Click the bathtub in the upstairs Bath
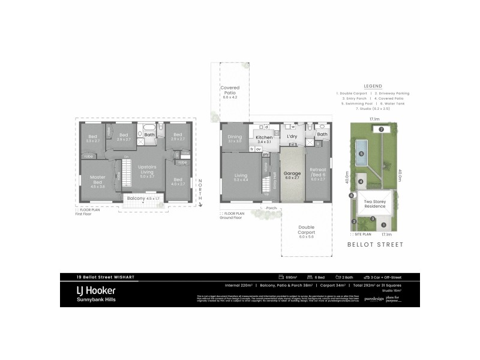[148, 128]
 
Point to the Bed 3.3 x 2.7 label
[93, 138]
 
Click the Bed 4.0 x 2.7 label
[178, 182]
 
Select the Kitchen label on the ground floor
[265, 139]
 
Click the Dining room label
[235, 139]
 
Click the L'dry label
[292, 137]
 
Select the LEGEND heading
[373, 86]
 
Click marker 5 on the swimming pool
[361, 154]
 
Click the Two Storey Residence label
[375, 204]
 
